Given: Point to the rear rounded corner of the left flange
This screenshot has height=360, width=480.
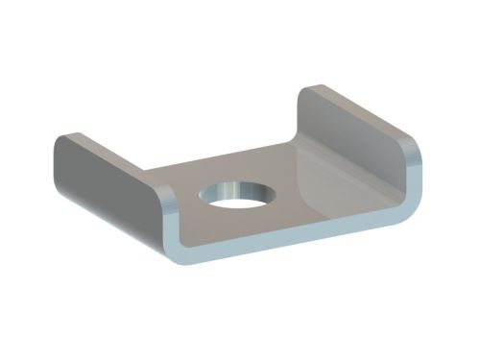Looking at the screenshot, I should (x=63, y=141).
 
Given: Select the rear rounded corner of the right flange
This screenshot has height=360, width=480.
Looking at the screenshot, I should (x=313, y=90).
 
